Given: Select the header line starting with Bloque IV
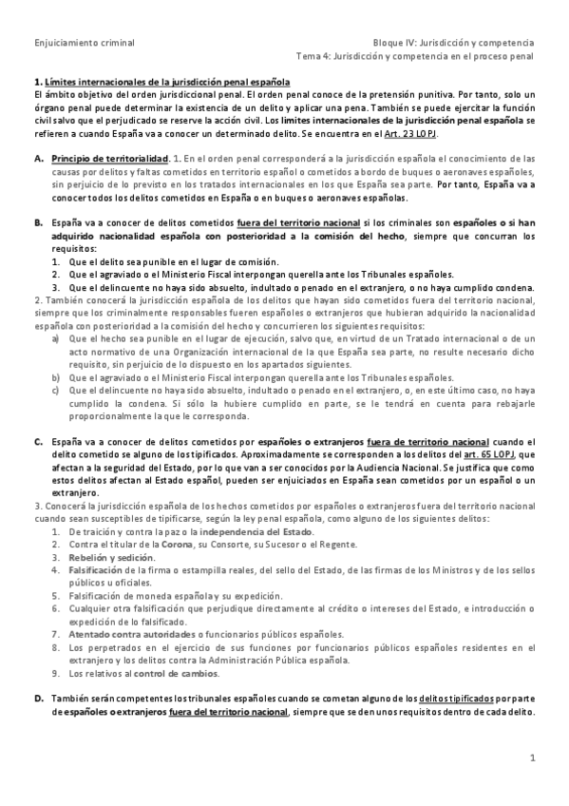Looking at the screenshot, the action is [453, 43].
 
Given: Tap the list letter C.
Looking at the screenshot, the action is [38, 442].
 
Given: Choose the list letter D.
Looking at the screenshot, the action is [38, 698].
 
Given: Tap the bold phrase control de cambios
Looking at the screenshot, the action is [173, 673].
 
